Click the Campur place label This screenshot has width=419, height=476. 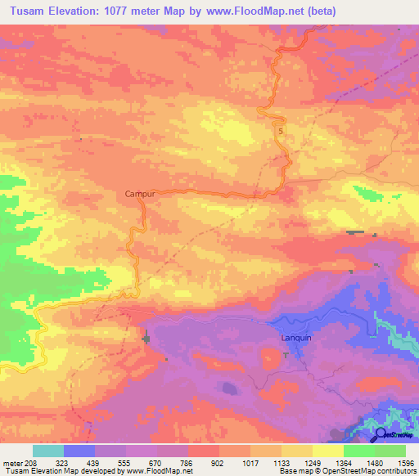point(139,194)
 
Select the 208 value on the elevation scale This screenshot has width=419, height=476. point(30,462)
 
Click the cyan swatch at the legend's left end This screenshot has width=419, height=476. point(48,451)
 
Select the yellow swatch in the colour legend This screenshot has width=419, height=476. point(327,451)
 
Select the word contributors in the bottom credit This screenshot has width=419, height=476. point(394,471)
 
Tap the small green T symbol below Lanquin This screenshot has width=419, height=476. point(285,354)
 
